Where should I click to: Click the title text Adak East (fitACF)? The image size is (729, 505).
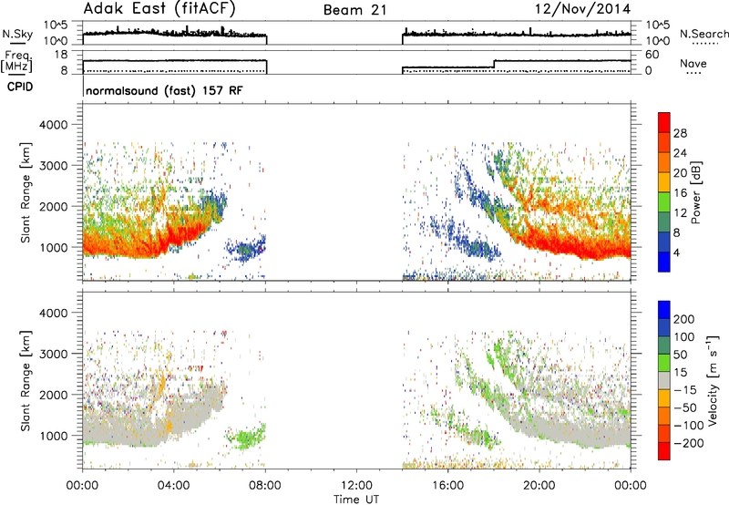159,8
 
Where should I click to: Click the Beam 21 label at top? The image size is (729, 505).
354,10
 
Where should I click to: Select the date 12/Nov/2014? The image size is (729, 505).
582,9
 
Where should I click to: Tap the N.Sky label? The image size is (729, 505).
17,34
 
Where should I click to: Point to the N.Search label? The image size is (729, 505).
703,34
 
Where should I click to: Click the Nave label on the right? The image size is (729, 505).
693,63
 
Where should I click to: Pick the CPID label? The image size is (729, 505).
20,87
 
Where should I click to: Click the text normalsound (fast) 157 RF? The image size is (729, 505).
164,90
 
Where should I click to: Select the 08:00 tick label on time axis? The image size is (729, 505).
265,486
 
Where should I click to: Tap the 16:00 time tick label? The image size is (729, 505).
447,486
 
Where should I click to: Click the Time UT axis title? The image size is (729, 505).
356,500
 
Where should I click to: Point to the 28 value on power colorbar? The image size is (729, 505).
680,133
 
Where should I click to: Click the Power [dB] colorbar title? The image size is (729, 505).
696,192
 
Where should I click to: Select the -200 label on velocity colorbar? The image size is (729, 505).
688,443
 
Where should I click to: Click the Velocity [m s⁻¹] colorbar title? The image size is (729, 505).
713,380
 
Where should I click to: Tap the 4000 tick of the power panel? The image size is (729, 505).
54,125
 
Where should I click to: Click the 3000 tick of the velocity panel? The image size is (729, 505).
54,354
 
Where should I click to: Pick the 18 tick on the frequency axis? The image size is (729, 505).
61,55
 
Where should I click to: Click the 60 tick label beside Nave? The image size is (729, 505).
652,55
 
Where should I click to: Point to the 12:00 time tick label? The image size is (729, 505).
356,486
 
